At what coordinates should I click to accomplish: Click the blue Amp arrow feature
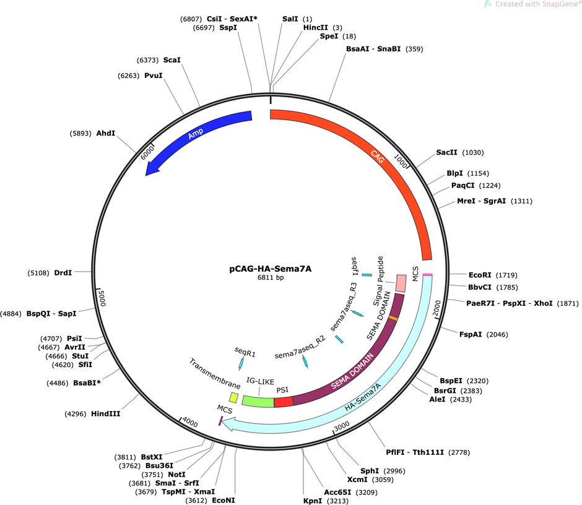pos(193,136)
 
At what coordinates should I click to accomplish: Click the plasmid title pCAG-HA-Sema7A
pos(270,269)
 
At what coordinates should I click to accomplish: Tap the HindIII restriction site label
pos(106,414)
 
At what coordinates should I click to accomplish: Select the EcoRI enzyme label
pos(480,275)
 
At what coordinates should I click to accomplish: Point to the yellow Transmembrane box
pos(233,397)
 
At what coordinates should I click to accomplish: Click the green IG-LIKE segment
pos(258,401)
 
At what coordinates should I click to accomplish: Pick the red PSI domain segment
pos(284,402)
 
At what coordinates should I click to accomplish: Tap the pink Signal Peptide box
pos(401,283)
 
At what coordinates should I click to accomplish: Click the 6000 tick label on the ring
pos(147,152)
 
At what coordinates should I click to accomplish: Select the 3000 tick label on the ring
pos(342,426)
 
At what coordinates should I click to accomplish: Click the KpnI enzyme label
pos(313,501)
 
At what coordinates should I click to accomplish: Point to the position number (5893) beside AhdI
pos(80,133)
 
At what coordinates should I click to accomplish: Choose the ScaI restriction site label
pos(172,60)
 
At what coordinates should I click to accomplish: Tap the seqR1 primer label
pos(245,352)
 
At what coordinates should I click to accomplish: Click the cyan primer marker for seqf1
pos(367,275)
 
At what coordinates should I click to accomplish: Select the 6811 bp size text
pos(271,277)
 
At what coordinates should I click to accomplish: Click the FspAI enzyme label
pos(471,334)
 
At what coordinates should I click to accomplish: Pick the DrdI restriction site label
pos(63,273)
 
